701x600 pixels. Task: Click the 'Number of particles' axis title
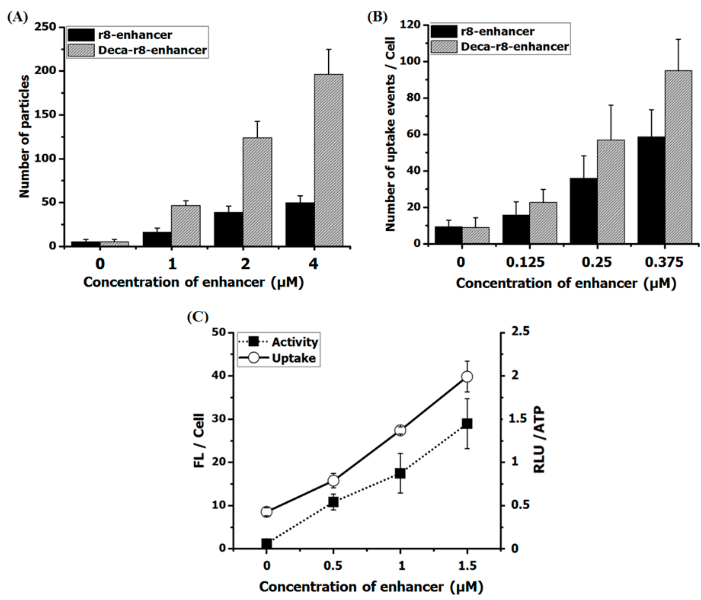tap(24, 136)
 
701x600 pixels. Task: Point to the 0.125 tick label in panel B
tap(525, 262)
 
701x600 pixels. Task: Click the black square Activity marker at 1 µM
tap(400, 474)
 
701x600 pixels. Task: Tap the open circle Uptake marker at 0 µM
tap(267, 512)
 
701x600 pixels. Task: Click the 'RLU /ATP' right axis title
tap(539, 440)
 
